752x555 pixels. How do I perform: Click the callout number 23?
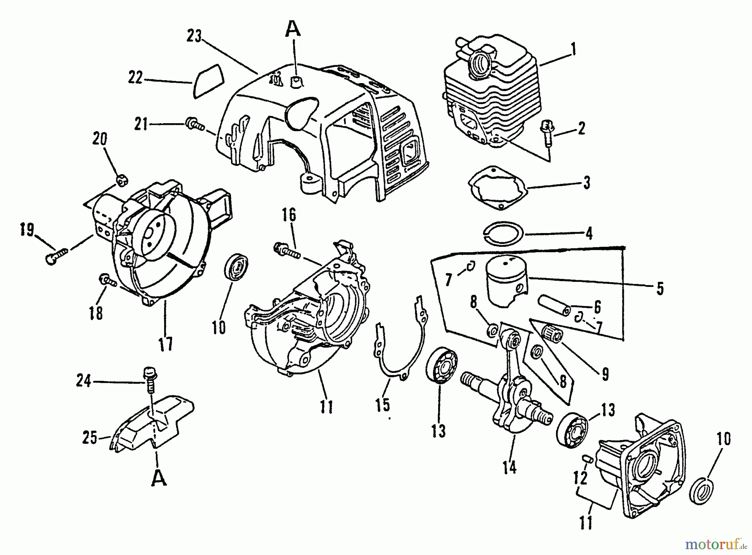(194, 37)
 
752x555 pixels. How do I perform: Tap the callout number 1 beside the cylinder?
(574, 50)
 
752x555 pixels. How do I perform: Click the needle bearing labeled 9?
(553, 334)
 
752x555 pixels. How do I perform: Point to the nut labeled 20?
(122, 180)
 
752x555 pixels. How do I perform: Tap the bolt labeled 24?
(149, 378)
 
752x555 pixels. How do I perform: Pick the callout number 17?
(165, 345)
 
